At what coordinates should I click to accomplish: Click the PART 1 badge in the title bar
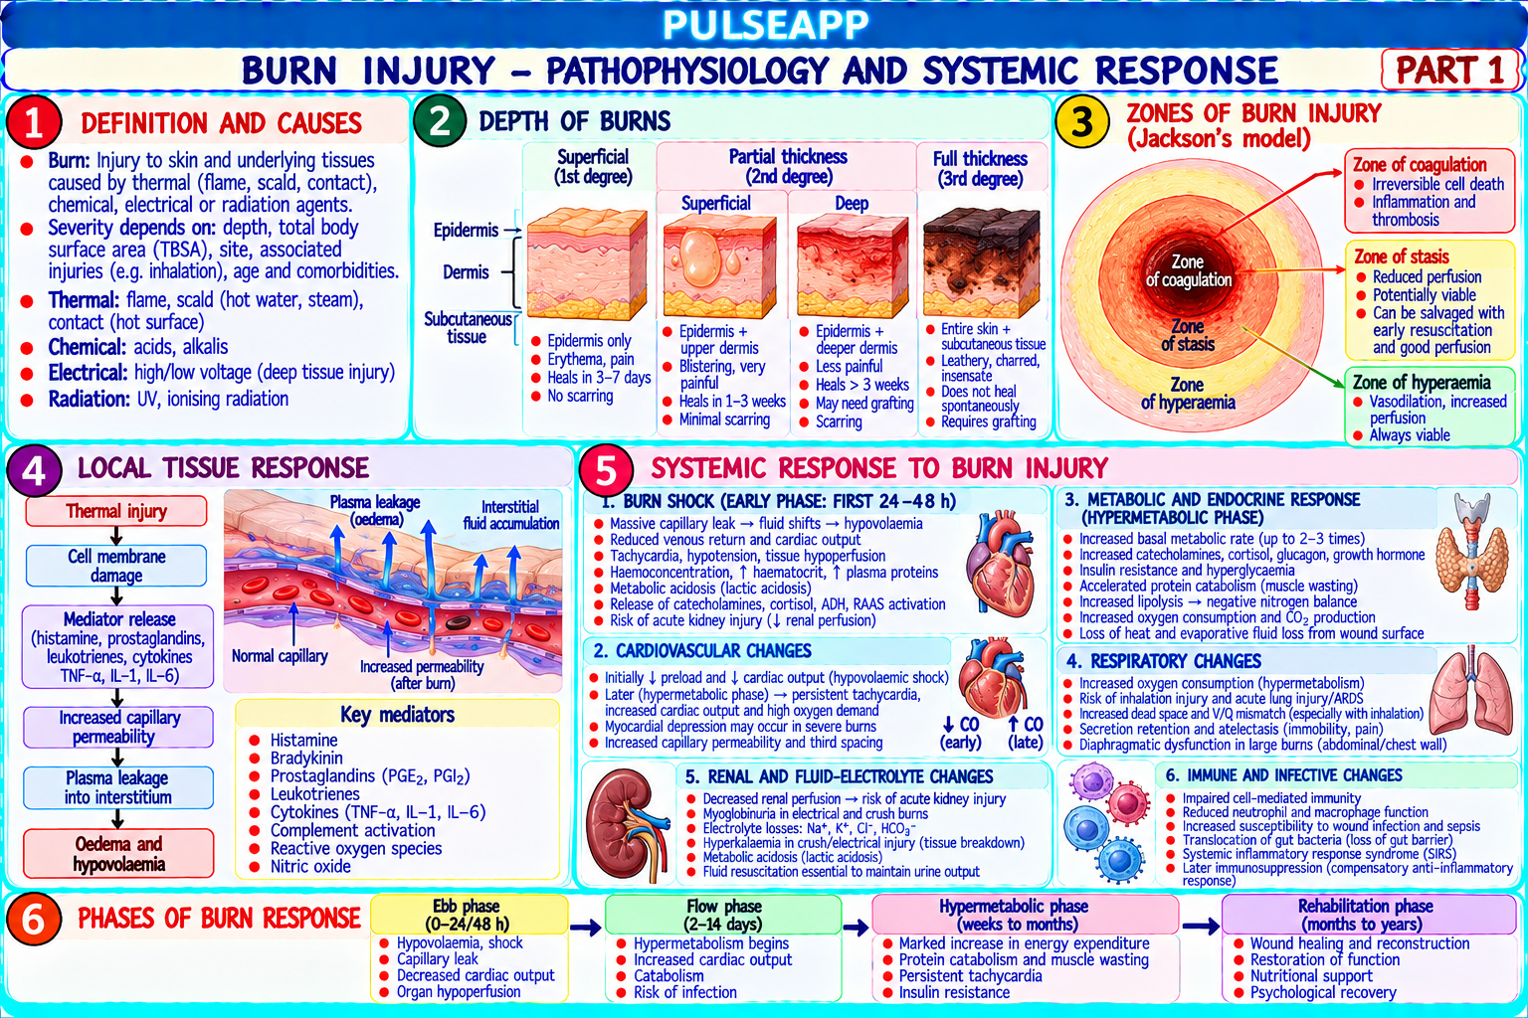click(x=1448, y=70)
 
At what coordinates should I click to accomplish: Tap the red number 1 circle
click(x=34, y=122)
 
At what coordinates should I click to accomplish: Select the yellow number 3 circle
click(x=1082, y=121)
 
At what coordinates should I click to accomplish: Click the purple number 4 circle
click(x=34, y=470)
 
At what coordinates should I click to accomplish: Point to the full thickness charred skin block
click(x=981, y=262)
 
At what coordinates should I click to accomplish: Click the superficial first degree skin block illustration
click(x=587, y=263)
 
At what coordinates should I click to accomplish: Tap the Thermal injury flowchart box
click(x=116, y=511)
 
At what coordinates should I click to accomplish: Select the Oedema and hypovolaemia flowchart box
click(x=118, y=854)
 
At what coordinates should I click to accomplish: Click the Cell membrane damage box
click(x=116, y=566)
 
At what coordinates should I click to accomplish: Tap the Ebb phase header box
click(x=469, y=915)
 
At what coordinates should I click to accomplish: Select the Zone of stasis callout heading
click(x=1401, y=257)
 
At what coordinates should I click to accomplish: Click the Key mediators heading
click(x=397, y=715)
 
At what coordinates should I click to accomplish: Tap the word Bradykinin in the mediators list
click(x=306, y=759)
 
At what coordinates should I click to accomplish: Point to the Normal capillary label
click(x=280, y=656)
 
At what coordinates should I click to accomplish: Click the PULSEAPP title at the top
click(x=765, y=25)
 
